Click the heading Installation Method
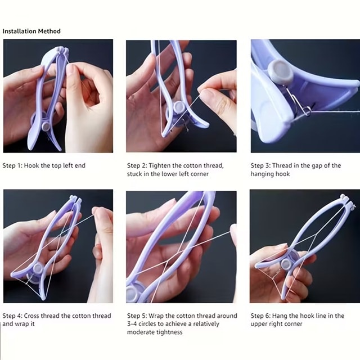tap(31, 31)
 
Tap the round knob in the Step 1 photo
tap(46, 126)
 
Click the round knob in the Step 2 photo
tap(179, 107)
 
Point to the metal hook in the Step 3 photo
tap(298, 101)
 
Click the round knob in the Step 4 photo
tap(38, 269)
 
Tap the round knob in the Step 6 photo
tap(286, 264)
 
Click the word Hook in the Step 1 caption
tap(31, 165)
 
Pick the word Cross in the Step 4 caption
tap(31, 316)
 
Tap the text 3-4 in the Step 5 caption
tap(132, 324)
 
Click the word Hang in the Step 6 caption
tap(279, 316)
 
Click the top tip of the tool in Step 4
tap(75, 197)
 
